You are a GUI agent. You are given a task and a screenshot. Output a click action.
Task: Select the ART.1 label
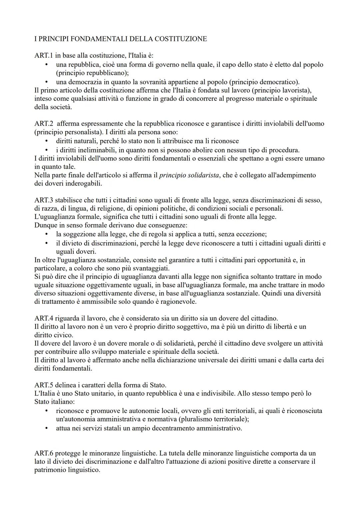pyautogui.click(x=44, y=56)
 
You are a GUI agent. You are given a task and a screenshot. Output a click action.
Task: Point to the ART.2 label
pyautogui.click(x=44, y=124)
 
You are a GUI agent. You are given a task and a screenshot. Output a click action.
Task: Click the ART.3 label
pyautogui.click(x=44, y=200)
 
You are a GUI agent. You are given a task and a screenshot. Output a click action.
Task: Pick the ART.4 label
pyautogui.click(x=44, y=318)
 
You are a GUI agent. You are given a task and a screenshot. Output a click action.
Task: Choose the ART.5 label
pyautogui.click(x=44, y=385)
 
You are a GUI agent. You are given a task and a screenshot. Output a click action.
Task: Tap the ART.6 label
pyautogui.click(x=44, y=453)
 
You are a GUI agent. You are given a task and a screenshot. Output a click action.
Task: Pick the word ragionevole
pyautogui.click(x=179, y=302)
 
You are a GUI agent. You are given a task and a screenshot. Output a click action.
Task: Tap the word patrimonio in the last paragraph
pyautogui.click(x=51, y=470)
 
